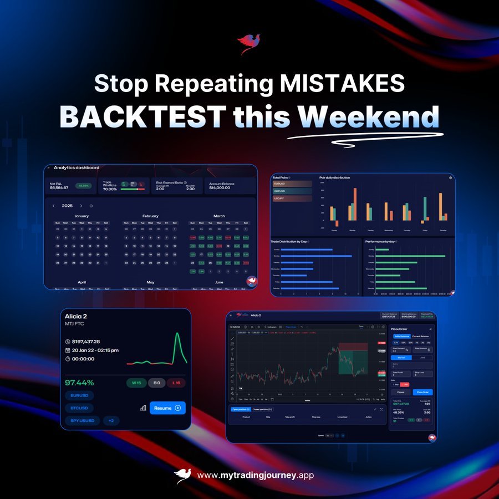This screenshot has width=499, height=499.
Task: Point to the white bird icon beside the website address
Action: tap(183, 476)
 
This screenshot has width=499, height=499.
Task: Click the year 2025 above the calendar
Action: tap(67, 206)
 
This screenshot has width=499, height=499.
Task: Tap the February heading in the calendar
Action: tap(150, 216)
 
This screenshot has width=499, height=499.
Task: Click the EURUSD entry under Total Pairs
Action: tap(292, 184)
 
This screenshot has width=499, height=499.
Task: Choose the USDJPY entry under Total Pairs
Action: tap(292, 198)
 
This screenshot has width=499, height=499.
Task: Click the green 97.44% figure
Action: tap(79, 383)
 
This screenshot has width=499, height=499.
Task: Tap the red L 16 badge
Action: tap(176, 383)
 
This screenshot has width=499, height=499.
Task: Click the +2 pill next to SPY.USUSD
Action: tap(111, 421)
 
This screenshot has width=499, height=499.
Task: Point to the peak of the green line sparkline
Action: tap(177, 334)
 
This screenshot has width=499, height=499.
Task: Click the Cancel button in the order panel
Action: tap(400, 392)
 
